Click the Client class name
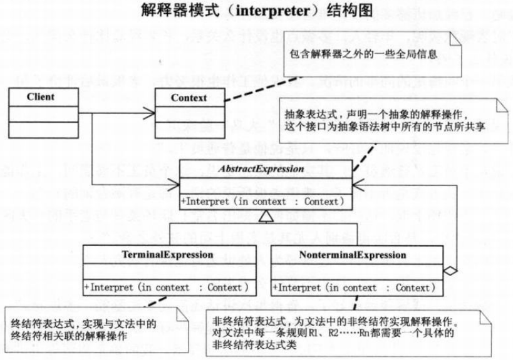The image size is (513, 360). click(x=41, y=97)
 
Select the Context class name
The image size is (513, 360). click(x=189, y=98)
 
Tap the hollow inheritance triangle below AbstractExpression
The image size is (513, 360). click(x=265, y=217)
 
